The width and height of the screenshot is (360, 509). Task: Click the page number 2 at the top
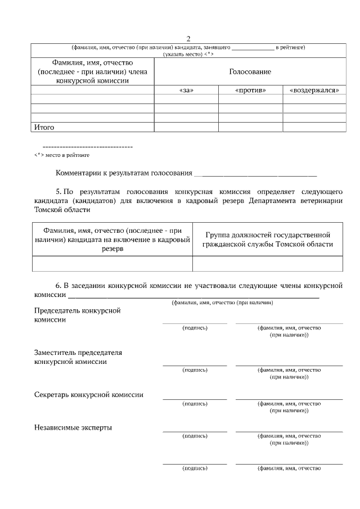[188, 38]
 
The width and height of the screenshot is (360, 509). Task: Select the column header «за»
[186, 90]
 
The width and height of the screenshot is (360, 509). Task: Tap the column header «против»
[250, 90]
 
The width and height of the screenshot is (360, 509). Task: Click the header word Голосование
[250, 72]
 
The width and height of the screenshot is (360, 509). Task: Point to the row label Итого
[44, 128]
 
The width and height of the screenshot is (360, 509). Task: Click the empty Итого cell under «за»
[186, 128]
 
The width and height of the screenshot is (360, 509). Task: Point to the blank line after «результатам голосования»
[255, 175]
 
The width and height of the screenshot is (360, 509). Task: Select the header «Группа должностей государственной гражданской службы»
[268, 240]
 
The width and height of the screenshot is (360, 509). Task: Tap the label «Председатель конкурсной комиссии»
[78, 315]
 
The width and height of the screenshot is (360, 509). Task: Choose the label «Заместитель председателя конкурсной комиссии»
[78, 357]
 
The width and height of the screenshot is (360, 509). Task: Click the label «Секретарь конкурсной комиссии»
[89, 394]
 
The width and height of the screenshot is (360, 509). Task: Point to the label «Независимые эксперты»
[73, 427]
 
